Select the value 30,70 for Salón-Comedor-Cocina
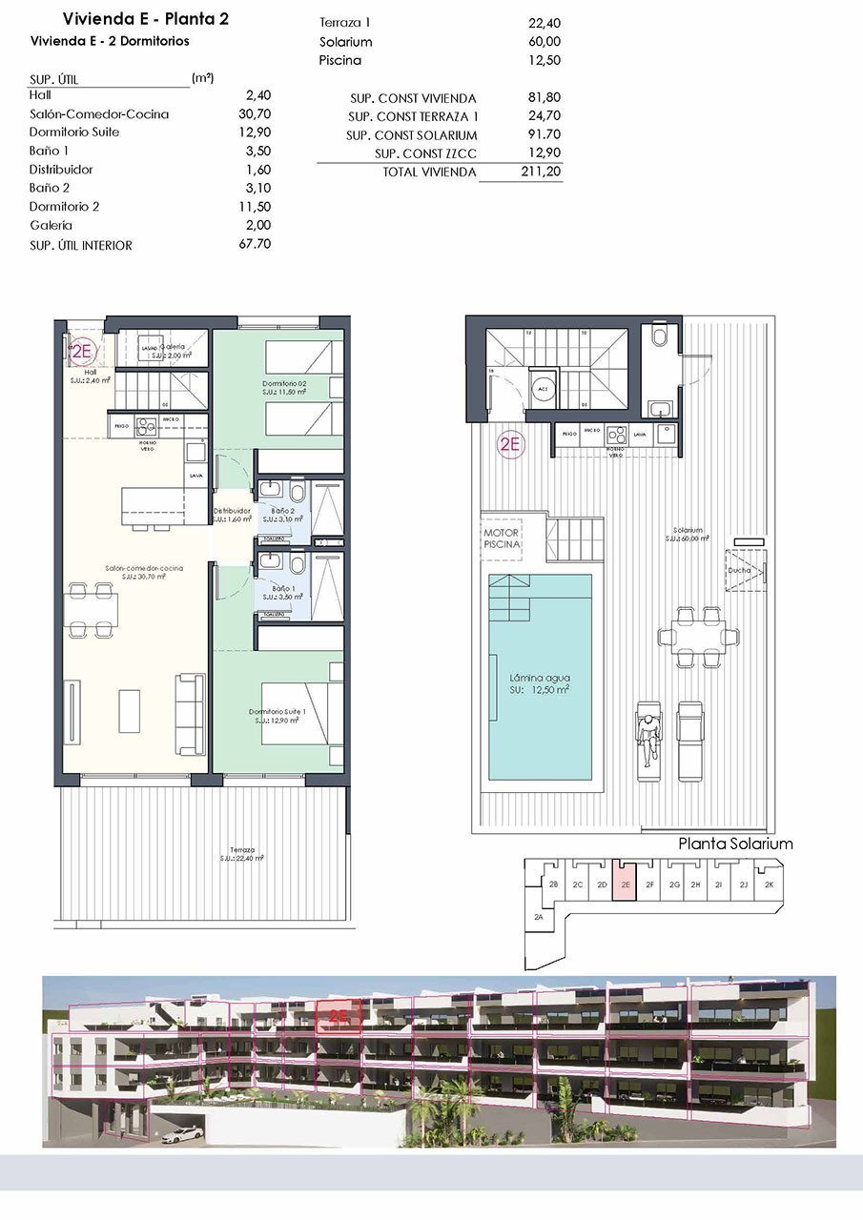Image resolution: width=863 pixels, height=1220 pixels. [x=258, y=114]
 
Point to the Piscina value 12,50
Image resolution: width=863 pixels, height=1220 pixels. [x=545, y=61]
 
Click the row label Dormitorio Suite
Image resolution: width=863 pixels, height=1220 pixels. [x=74, y=132]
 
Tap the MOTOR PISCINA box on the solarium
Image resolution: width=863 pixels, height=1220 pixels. [x=502, y=539]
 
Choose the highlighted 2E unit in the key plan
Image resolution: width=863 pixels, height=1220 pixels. [x=625, y=884]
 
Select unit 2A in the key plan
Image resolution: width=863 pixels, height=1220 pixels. [x=539, y=917]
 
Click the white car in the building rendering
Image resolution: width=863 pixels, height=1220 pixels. [x=182, y=1134]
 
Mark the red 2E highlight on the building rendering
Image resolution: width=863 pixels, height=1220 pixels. [x=339, y=1016]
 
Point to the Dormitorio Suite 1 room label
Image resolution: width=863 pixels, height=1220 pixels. [x=277, y=716]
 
